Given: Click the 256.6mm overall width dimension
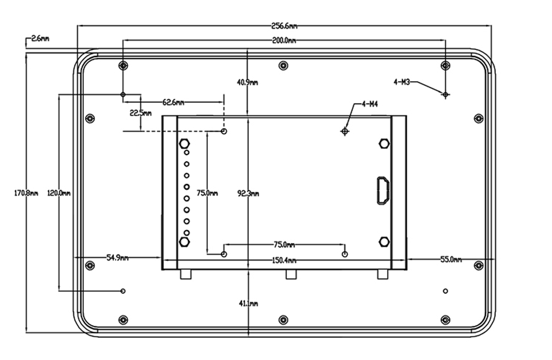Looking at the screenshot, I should (x=284, y=26).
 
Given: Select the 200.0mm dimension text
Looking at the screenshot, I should (x=284, y=41).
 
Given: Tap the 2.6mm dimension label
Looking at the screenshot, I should (x=40, y=39).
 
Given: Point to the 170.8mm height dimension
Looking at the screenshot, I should (x=26, y=193).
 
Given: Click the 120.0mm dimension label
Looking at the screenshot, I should (x=59, y=193).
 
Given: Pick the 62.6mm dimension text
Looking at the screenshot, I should (x=173, y=102).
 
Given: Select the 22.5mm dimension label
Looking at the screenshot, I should (x=141, y=113).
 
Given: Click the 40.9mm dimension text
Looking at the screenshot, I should (x=247, y=82).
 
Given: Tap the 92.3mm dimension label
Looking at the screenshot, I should (x=248, y=193).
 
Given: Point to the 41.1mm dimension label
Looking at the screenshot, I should (x=248, y=304).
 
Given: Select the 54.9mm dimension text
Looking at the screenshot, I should (x=117, y=258).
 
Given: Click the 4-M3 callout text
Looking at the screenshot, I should (x=401, y=82).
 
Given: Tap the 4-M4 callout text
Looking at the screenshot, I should (x=370, y=104).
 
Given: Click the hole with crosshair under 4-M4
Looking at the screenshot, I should (x=345, y=131).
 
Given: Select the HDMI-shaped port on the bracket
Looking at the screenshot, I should (x=383, y=190).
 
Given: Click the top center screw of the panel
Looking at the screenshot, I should (x=283, y=65).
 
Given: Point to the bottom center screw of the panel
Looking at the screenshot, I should (x=283, y=319).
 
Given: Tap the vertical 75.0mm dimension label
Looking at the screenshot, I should (x=207, y=193).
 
